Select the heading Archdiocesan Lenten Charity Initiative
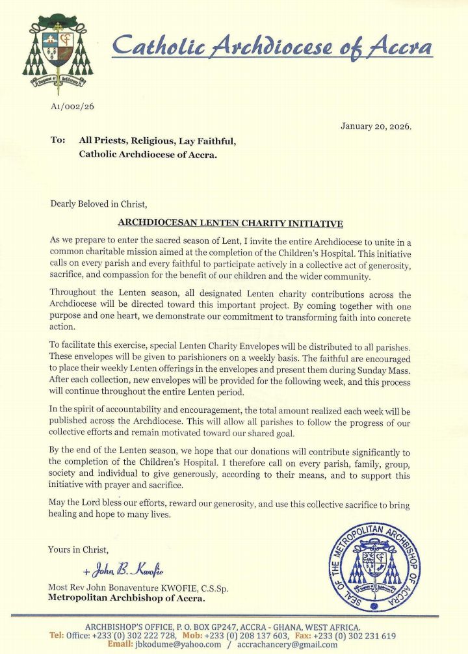tap(230, 224)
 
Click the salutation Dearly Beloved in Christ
tap(99, 203)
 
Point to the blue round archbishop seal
tap(373, 567)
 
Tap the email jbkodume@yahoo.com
tap(178, 644)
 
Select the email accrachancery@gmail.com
tap(289, 644)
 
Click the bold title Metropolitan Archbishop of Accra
tap(127, 598)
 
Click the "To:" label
tap(58, 140)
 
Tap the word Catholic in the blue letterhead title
tap(160, 47)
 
